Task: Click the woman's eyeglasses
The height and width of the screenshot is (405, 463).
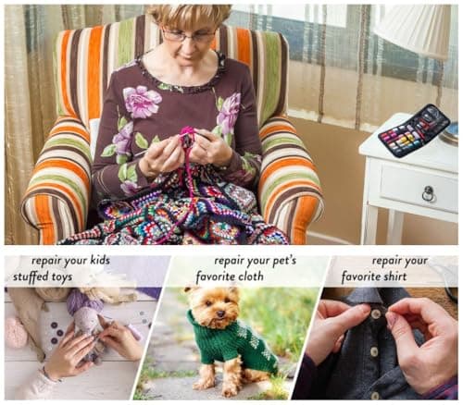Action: coord(188,35)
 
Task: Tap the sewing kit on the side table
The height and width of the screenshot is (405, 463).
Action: coord(414,130)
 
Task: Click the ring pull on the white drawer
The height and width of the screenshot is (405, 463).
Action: coord(429,193)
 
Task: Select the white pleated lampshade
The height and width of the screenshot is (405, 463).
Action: coord(413,30)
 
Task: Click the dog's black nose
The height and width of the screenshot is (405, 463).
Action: coord(220,313)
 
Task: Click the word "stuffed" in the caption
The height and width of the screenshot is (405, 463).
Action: coord(31,276)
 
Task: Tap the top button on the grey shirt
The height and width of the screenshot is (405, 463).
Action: coord(375,314)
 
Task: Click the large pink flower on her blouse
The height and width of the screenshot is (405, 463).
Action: coord(142,101)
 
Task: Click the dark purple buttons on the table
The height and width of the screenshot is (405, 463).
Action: coord(55,333)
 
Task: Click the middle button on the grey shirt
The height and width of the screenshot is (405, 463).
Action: coord(374,351)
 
